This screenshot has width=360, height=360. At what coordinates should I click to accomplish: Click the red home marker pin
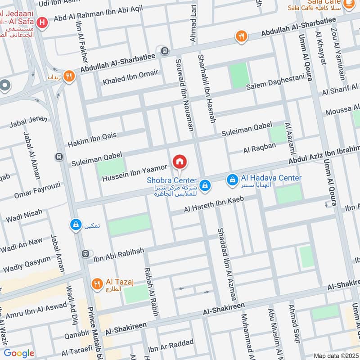[180, 162]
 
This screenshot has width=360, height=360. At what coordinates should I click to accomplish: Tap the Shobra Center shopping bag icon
[205, 184]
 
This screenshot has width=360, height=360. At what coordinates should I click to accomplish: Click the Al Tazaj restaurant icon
[97, 284]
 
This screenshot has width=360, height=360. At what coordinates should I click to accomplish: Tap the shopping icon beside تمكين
[76, 224]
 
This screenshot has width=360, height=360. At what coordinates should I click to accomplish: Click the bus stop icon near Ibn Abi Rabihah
[85, 254]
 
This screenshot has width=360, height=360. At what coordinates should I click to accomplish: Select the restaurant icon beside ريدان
[69, 76]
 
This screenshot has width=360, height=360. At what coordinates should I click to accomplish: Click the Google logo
[18, 353]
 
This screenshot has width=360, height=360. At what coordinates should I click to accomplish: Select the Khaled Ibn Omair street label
[130, 78]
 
